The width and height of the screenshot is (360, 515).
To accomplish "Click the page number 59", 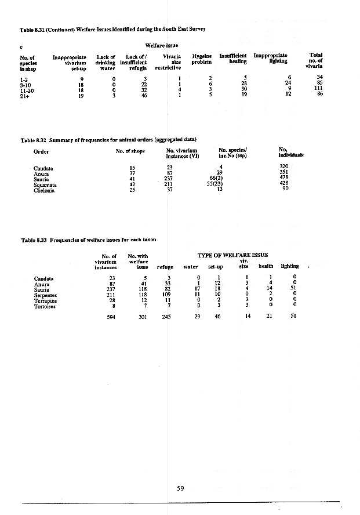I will [180, 488].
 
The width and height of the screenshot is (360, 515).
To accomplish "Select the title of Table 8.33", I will [88, 239].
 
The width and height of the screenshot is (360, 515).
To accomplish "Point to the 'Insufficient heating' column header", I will [234, 59].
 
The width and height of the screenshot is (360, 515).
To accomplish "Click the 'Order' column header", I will [41, 152].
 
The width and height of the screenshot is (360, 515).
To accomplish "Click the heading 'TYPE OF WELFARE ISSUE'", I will [232, 255].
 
